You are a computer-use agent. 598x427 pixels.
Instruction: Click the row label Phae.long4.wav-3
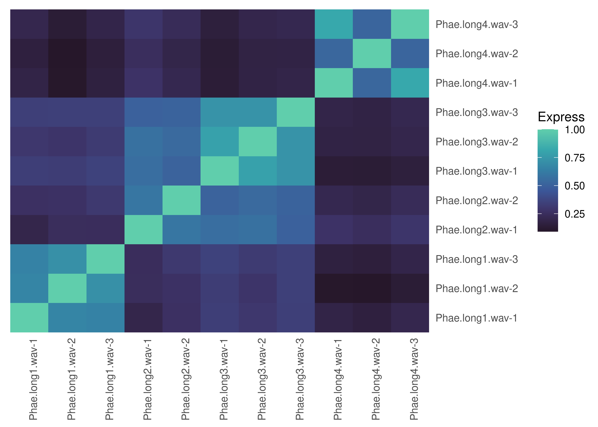tap(476, 25)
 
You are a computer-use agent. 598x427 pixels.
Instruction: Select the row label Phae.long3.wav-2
tap(476, 142)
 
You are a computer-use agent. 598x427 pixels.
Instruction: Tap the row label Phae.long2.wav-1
tap(476, 230)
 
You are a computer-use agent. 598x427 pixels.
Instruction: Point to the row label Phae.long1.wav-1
tap(476, 318)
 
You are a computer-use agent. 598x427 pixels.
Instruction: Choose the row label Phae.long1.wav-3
tap(476, 260)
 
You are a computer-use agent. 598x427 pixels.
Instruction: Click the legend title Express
tap(561, 117)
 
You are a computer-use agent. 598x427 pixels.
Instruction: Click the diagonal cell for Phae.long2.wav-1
tap(143, 230)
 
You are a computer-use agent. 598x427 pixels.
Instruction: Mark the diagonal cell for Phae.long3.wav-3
tap(296, 112)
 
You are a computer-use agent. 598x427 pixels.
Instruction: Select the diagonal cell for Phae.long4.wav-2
tap(372, 54)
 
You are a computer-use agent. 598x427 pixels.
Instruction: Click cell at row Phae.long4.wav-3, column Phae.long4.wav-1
tap(334, 24)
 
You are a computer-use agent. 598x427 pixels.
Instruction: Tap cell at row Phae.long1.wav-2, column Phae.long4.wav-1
tap(334, 288)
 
